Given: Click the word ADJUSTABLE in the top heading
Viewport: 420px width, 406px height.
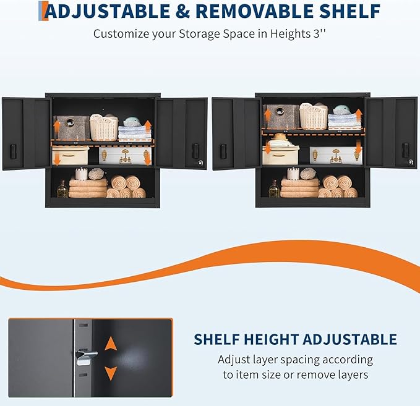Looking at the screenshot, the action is [107, 11].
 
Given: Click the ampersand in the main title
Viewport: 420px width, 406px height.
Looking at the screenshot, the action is [182, 11].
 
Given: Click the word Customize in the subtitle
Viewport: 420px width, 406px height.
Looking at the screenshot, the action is [121, 35].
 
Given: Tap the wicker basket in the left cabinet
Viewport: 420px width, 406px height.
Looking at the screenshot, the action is [104, 128].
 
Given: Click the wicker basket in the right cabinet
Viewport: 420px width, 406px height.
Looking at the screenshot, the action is [314, 116].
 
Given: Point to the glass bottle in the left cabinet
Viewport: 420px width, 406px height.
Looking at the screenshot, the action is [62, 190].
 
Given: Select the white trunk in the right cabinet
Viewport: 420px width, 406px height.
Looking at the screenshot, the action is [336, 156].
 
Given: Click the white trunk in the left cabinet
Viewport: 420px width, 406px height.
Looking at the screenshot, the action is [126, 156].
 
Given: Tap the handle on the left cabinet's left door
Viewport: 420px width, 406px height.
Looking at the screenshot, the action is [13, 151].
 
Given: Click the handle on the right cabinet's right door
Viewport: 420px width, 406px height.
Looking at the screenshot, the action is [405, 151].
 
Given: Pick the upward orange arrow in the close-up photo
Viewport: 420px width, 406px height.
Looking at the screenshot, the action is [111, 344].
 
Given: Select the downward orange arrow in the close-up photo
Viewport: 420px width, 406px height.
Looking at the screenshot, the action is [111, 373].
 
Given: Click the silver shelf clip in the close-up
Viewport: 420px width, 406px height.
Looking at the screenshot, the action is [86, 357].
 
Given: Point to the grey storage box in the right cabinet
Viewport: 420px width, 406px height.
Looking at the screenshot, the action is [281, 117].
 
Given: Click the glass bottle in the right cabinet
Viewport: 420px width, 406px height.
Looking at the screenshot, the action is [274, 189].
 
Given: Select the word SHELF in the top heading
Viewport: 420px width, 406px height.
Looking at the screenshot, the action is [350, 11].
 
